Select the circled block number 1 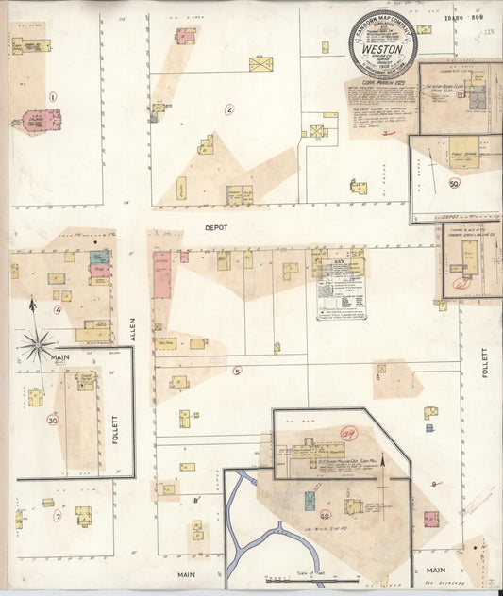53,96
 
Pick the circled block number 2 229,109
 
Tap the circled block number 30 53,420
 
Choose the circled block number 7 58,517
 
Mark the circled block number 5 238,371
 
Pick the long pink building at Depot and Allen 162,274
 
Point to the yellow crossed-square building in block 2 260,64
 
